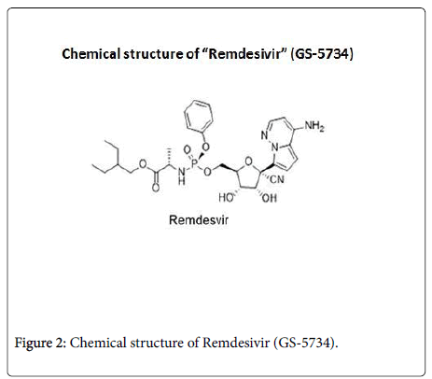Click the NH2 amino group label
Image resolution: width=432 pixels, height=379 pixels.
(314, 126)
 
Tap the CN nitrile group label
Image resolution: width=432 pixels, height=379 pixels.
(277, 179)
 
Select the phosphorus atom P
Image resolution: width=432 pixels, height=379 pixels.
(194, 161)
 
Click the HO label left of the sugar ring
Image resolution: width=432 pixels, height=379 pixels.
(226, 198)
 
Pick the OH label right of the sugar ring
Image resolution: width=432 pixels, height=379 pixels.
(269, 198)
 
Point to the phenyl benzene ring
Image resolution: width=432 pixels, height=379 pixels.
(199, 116)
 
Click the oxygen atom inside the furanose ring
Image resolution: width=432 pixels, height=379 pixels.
(248, 161)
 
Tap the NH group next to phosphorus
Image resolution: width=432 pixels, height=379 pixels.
(182, 175)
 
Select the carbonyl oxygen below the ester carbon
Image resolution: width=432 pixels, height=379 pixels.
(156, 188)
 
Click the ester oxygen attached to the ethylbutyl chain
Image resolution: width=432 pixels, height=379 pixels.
(143, 163)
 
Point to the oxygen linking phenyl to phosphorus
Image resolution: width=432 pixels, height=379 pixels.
(205, 147)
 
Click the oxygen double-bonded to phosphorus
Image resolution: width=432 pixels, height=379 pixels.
(187, 150)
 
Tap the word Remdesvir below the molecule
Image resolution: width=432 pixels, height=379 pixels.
(199, 220)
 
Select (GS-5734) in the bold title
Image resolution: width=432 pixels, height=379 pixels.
(322, 54)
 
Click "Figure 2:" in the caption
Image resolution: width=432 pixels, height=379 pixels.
(40, 343)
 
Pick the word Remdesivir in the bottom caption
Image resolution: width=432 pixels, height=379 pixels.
(236, 343)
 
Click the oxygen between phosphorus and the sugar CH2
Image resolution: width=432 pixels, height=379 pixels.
(207, 171)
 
